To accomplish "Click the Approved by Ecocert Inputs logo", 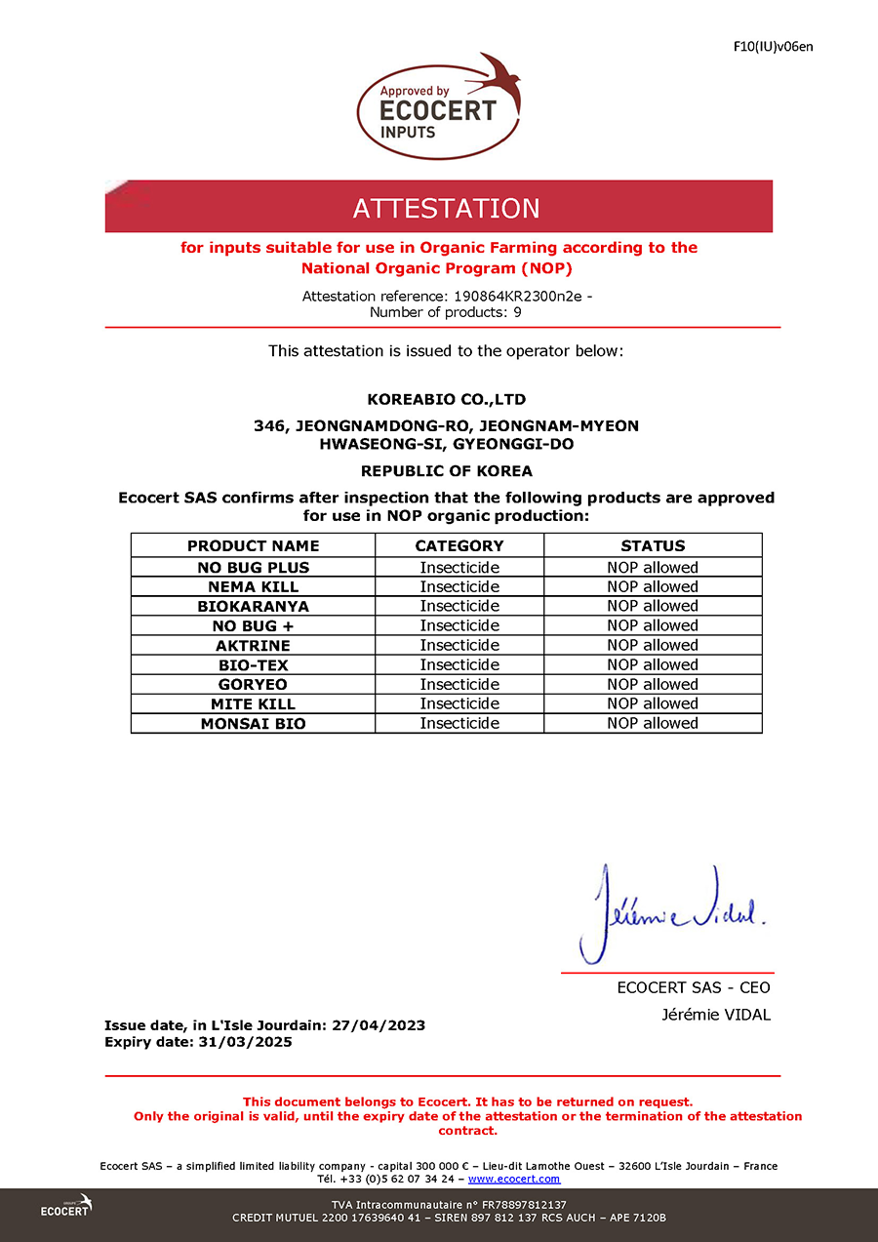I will pyautogui.click(x=438, y=106).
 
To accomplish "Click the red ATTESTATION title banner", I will pyautogui.click(x=439, y=207).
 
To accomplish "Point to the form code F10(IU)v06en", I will pyautogui.click(x=772, y=46).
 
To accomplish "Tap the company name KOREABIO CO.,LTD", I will pyautogui.click(x=446, y=399).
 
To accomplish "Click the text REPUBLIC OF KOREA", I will pyautogui.click(x=446, y=470).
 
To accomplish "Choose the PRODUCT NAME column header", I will pyautogui.click(x=253, y=545).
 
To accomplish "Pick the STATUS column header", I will pyautogui.click(x=653, y=545).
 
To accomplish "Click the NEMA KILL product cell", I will pyautogui.click(x=253, y=586).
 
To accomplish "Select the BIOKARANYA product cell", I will pyautogui.click(x=253, y=606).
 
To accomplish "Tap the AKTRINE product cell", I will pyautogui.click(x=253, y=645).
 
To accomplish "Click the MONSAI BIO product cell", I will pyautogui.click(x=253, y=723).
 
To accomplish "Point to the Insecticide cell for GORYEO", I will pyautogui.click(x=459, y=684).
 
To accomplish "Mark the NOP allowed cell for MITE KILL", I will pyautogui.click(x=653, y=703).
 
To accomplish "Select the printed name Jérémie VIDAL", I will pyautogui.click(x=716, y=1015).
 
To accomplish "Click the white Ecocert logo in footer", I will pyautogui.click(x=66, y=1207).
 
